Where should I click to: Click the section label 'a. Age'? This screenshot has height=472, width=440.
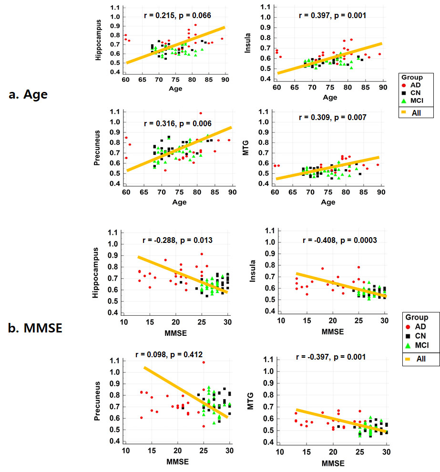point(28,94)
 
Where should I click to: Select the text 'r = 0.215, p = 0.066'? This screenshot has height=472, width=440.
point(177,15)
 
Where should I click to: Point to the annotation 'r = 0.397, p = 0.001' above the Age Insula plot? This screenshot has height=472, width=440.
point(332,15)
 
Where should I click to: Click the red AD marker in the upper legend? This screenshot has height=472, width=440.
point(406,86)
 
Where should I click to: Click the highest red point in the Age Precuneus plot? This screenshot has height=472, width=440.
point(200,113)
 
